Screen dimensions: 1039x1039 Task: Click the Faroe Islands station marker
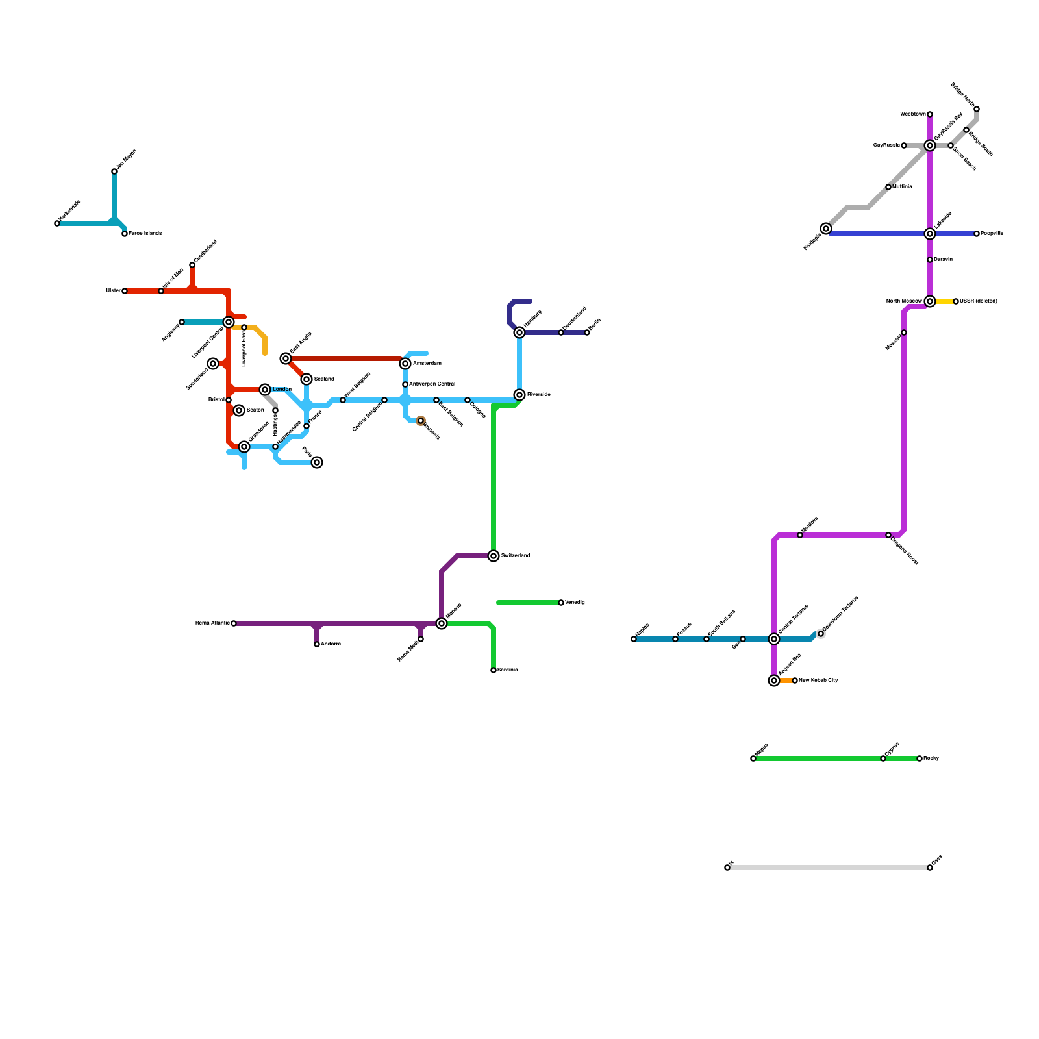[125, 234]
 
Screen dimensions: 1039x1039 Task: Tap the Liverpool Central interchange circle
[229, 322]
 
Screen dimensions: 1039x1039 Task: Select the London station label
[282, 390]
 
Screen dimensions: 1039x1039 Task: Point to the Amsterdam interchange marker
[405, 364]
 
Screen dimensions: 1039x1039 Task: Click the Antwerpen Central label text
[432, 384]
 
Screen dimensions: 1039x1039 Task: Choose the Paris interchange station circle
[317, 462]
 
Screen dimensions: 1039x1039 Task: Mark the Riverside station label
[538, 395]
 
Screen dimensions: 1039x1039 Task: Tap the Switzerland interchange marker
[494, 556]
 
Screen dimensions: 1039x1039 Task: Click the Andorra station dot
[317, 644]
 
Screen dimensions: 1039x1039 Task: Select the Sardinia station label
[508, 670]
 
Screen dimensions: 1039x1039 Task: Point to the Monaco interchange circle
[442, 623]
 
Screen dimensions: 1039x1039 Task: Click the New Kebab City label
[818, 681]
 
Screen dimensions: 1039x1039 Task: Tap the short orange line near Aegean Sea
[786, 681]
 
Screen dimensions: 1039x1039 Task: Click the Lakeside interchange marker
[930, 234]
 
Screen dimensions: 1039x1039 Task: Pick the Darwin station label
[944, 260]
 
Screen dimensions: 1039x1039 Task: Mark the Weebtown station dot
[930, 114]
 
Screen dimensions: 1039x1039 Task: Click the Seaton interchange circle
[239, 410]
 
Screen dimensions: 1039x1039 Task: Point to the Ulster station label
[113, 291]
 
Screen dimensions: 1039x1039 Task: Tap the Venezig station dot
[561, 603]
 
